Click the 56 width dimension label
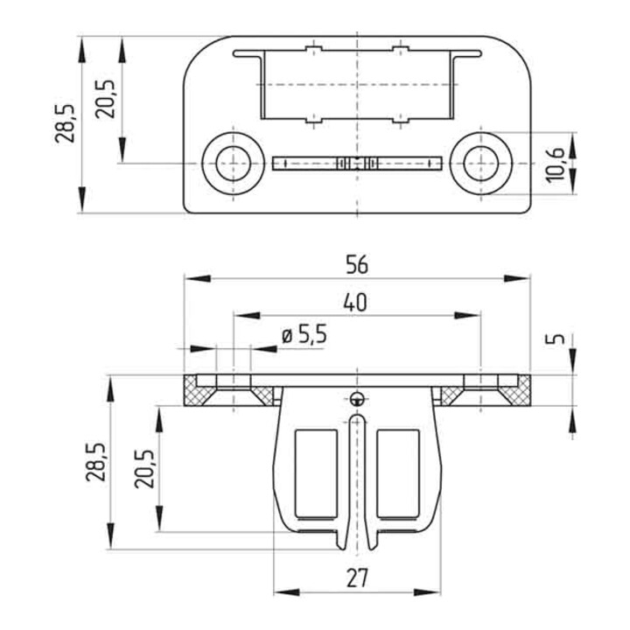357,265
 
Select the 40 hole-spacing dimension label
355,303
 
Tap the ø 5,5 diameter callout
304,335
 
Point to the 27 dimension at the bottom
357,578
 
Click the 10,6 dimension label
556,165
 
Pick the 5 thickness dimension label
555,339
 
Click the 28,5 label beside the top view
65,123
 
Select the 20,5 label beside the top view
105,99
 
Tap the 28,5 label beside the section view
95,462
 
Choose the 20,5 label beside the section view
144,468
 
